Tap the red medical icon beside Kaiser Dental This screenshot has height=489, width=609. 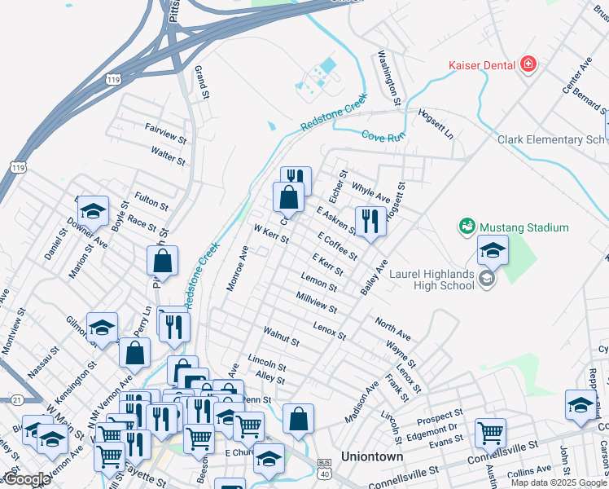click(x=528, y=64)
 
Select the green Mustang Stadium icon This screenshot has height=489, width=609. click(x=467, y=225)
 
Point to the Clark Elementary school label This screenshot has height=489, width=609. click(x=552, y=139)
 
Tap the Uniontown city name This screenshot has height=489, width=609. click(x=372, y=457)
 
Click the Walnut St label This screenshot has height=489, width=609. click(x=282, y=336)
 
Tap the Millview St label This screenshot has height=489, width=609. click(x=317, y=304)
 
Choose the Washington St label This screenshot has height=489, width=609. click(x=388, y=77)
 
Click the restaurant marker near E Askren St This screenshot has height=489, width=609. click(x=370, y=220)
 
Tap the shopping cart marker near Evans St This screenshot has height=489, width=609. click(x=490, y=433)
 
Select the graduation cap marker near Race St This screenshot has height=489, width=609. click(x=94, y=212)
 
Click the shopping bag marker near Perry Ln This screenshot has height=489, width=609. click(x=134, y=352)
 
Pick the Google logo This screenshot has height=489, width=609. click(x=26, y=479)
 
